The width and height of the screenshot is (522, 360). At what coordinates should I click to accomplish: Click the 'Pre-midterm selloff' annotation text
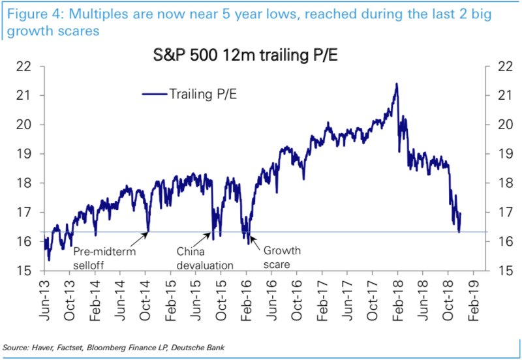pyautogui.click(x=104, y=258)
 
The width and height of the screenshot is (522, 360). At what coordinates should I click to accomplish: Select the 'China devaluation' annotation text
pyautogui.click(x=204, y=258)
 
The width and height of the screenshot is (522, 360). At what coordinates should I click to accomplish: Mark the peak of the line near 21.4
pyautogui.click(x=396, y=83)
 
